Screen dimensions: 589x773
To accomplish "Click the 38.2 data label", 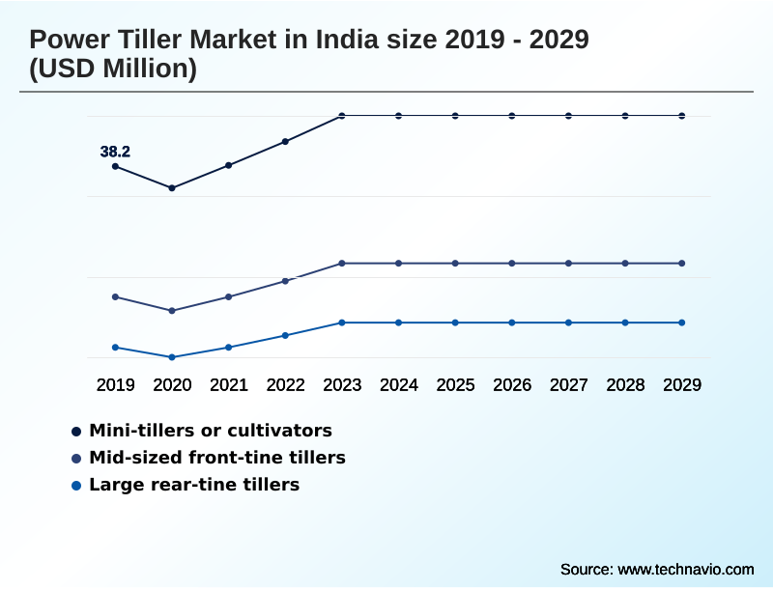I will pyautogui.click(x=115, y=152).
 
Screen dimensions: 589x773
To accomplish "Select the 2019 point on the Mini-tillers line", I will pyautogui.click(x=115, y=166).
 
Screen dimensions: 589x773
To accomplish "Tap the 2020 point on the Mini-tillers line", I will pyautogui.click(x=172, y=187).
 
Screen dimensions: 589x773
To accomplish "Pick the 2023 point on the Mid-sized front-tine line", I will pyautogui.click(x=342, y=263).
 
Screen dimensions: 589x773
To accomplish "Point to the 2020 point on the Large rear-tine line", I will pyautogui.click(x=172, y=357).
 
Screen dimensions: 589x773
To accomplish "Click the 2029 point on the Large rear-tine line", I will pyautogui.click(x=682, y=323).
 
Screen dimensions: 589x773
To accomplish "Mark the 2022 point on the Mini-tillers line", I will pyautogui.click(x=285, y=141).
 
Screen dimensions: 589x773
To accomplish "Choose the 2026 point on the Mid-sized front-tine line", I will pyautogui.click(x=512, y=263).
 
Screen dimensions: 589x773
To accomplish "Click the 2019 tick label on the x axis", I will pyautogui.click(x=115, y=385).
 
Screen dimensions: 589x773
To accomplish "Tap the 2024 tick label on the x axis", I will pyautogui.click(x=398, y=385).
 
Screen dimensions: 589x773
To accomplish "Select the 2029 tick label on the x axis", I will pyautogui.click(x=682, y=385).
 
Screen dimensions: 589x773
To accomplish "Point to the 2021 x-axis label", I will pyautogui.click(x=229, y=385).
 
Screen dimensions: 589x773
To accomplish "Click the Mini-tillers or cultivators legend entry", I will pyautogui.click(x=210, y=431).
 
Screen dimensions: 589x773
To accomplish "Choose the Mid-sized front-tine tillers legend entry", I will pyautogui.click(x=216, y=458).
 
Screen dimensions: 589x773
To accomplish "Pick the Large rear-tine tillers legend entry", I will pyautogui.click(x=193, y=485).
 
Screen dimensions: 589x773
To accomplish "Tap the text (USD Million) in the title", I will pyautogui.click(x=113, y=70).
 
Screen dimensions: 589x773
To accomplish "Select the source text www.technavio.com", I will pyautogui.click(x=685, y=569).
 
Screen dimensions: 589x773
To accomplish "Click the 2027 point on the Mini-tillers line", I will pyautogui.click(x=568, y=116).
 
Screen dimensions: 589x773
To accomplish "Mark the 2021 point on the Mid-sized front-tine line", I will pyautogui.click(x=229, y=296).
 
